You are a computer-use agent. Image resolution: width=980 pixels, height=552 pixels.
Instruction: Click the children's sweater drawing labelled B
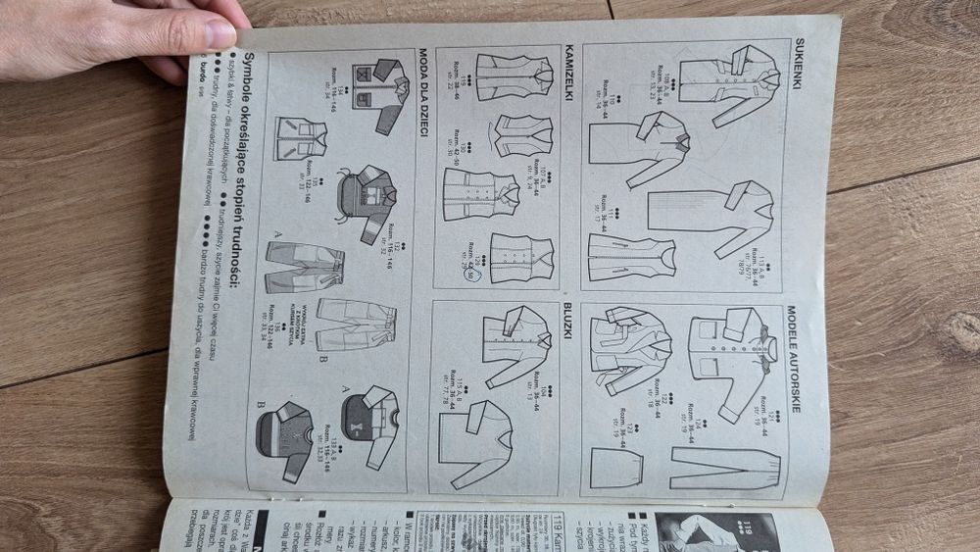pyautogui.click(x=284, y=441)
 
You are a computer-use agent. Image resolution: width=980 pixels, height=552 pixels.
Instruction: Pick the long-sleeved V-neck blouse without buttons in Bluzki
pyautogui.click(x=475, y=441)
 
